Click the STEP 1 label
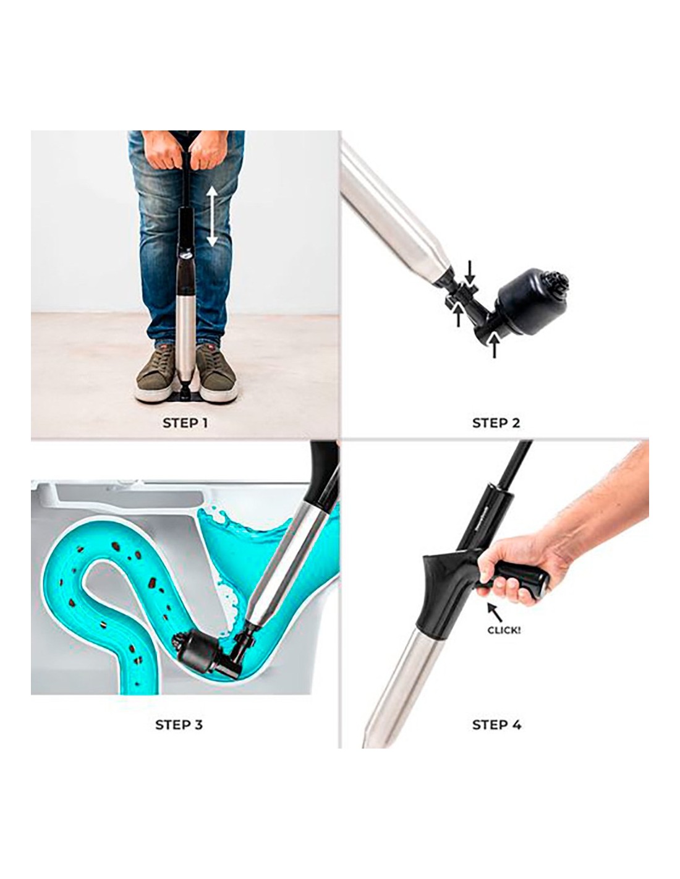click(185, 423)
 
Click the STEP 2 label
click(496, 423)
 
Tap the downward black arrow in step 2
click(469, 273)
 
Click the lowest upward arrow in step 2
click(493, 346)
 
